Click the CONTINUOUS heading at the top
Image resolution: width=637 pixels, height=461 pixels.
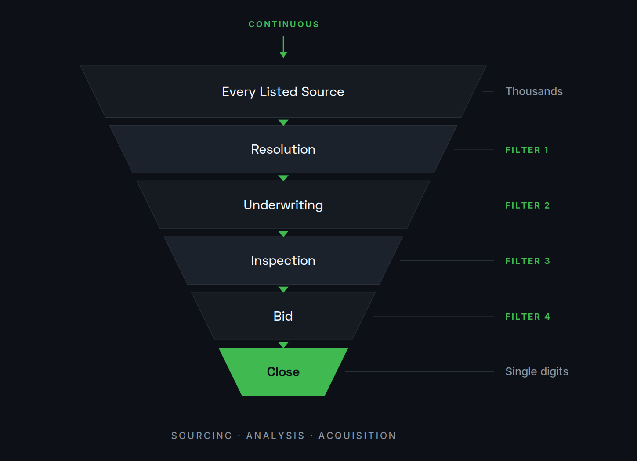(x=283, y=25)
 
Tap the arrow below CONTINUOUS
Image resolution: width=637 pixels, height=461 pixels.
(x=283, y=47)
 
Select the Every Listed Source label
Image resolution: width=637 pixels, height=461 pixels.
(x=283, y=92)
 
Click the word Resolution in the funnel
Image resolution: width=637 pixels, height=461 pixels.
(x=283, y=149)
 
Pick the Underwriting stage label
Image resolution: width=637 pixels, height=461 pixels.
(x=283, y=205)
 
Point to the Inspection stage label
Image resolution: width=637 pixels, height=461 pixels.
(x=283, y=261)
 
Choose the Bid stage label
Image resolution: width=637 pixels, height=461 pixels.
(x=283, y=316)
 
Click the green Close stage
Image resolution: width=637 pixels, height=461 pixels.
(x=283, y=371)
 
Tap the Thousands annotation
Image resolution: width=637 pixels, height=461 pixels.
(x=534, y=91)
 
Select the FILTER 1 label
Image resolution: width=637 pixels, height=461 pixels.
(x=527, y=150)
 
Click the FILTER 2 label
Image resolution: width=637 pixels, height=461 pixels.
(x=527, y=205)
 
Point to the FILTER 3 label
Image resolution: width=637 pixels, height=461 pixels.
(x=527, y=261)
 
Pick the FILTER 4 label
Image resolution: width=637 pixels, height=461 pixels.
(x=528, y=317)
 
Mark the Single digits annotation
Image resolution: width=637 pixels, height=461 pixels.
(x=536, y=371)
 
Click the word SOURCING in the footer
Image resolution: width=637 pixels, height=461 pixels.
(x=202, y=436)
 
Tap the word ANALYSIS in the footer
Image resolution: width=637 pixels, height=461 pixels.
(x=275, y=436)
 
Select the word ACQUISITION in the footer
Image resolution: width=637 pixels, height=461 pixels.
(x=357, y=436)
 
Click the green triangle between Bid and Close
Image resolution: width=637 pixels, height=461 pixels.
(x=283, y=345)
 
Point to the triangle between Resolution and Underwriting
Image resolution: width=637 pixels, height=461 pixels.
(x=283, y=178)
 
